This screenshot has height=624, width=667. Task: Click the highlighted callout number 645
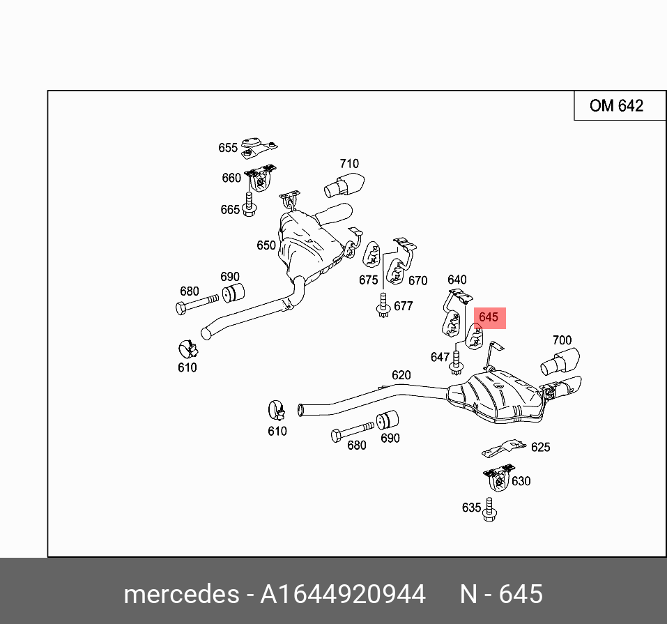click(489, 317)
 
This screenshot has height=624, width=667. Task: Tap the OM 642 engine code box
click(616, 106)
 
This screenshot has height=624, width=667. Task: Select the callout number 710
click(349, 164)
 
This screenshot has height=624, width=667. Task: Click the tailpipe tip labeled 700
click(558, 363)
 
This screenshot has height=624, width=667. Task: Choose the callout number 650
click(266, 245)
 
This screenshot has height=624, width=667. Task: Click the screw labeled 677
click(383, 308)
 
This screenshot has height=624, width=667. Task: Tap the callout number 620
click(401, 375)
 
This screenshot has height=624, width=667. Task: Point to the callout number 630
click(521, 481)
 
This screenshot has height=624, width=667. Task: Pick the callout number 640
click(457, 280)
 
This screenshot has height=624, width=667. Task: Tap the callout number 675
click(368, 280)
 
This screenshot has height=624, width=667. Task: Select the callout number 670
click(417, 280)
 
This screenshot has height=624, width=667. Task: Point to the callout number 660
click(231, 178)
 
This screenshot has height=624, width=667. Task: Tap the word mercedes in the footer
click(180, 594)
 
